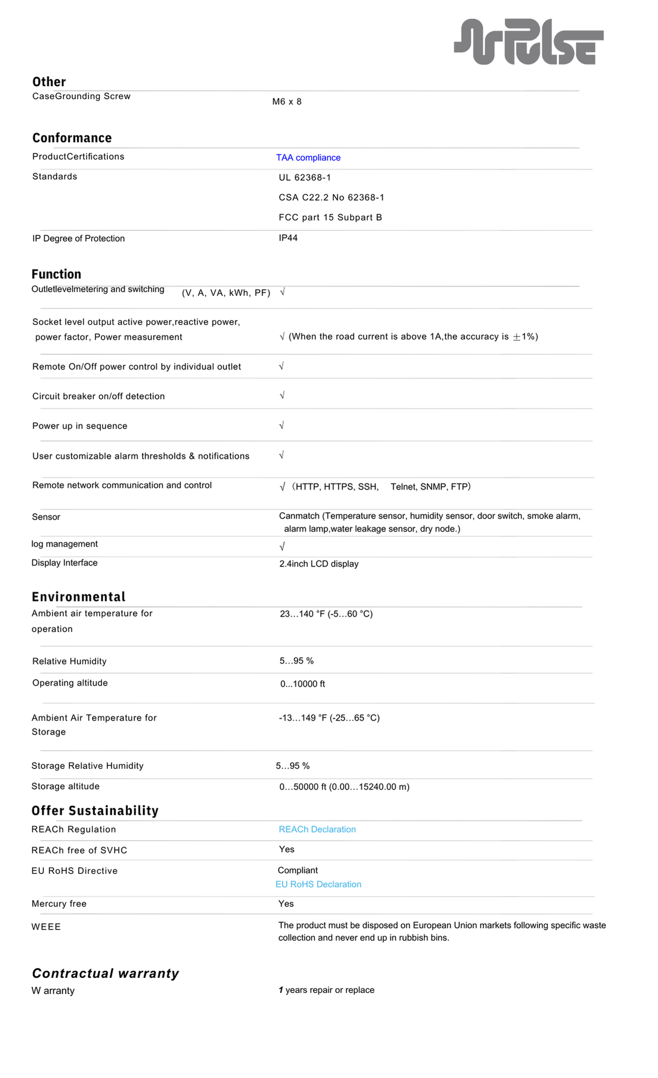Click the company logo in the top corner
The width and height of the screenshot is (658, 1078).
tap(528, 42)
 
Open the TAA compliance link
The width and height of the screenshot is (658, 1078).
tap(308, 158)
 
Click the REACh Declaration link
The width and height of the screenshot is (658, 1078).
tap(317, 829)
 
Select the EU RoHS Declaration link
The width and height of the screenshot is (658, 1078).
tap(318, 884)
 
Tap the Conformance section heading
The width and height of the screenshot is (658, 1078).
tap(72, 138)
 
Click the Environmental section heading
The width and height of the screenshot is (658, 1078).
tap(79, 597)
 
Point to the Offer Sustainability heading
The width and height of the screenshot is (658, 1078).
tap(95, 811)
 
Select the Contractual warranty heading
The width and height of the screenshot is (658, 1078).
tap(105, 973)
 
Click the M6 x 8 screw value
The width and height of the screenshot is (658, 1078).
tap(287, 102)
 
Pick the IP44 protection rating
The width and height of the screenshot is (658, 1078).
tap(288, 238)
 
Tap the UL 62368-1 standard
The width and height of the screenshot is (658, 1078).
tap(305, 178)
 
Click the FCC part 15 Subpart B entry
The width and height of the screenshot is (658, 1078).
tap(330, 217)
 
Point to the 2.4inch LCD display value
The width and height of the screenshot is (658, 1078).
tap(319, 564)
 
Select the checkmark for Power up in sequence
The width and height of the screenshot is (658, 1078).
tap(281, 425)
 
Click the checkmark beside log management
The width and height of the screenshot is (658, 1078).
tap(282, 546)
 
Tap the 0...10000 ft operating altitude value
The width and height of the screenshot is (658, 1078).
tap(302, 684)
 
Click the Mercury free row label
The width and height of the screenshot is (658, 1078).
tap(59, 904)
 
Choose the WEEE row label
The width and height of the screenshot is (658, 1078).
tap(46, 927)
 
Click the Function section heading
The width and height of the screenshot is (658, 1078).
tap(56, 274)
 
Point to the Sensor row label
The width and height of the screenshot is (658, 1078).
tap(46, 517)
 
